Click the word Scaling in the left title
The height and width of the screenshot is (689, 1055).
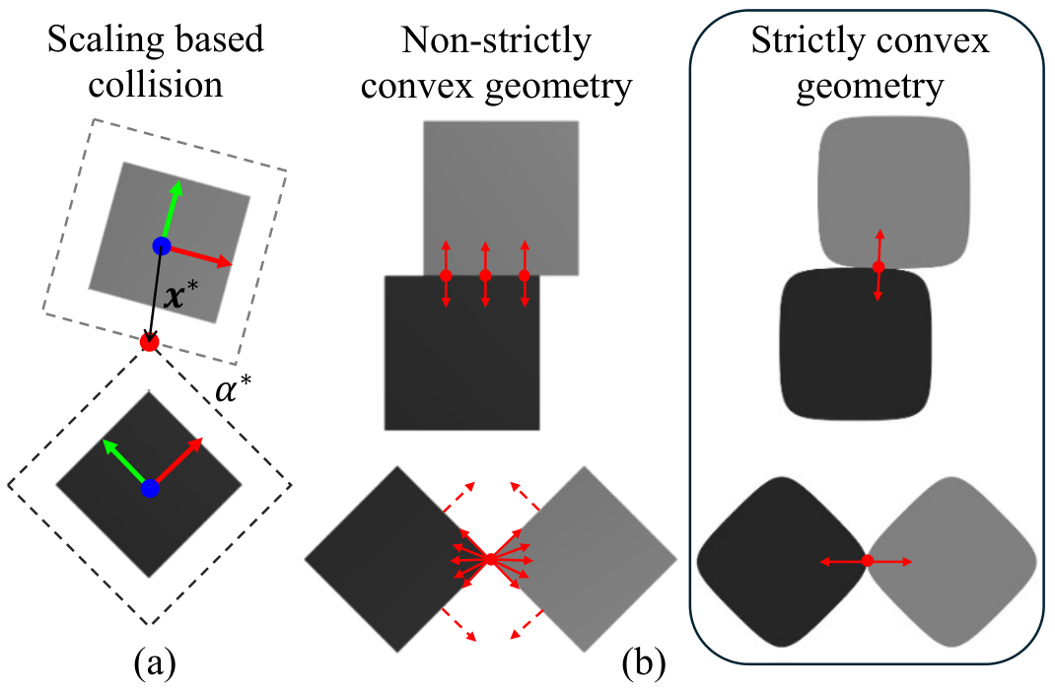pyautogui.click(x=95, y=39)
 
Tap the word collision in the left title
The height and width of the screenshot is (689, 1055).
pyautogui.click(x=156, y=85)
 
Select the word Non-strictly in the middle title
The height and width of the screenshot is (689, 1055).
pyautogui.click(x=496, y=40)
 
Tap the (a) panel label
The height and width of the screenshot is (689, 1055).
pyautogui.click(x=156, y=663)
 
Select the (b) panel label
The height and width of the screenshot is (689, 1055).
pyautogui.click(x=644, y=663)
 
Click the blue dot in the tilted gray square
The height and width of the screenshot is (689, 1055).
pyautogui.click(x=162, y=245)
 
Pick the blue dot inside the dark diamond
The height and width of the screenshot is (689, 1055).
pyautogui.click(x=150, y=489)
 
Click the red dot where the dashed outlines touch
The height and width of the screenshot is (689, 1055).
pyautogui.click(x=149, y=342)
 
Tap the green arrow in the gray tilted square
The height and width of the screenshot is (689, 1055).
pyautogui.click(x=171, y=213)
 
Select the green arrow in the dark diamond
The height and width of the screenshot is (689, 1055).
pyautogui.click(x=126, y=463)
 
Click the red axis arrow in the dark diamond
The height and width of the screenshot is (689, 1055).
pyautogui.click(x=176, y=462)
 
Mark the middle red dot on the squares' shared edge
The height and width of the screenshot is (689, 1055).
pyautogui.click(x=485, y=275)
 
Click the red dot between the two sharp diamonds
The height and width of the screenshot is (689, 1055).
pyautogui.click(x=490, y=559)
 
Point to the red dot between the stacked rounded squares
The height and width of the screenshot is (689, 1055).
pyautogui.click(x=879, y=266)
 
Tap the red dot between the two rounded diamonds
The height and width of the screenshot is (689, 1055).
pyautogui.click(x=868, y=560)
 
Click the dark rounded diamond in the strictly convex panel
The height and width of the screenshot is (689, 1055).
pyautogui.click(x=781, y=562)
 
